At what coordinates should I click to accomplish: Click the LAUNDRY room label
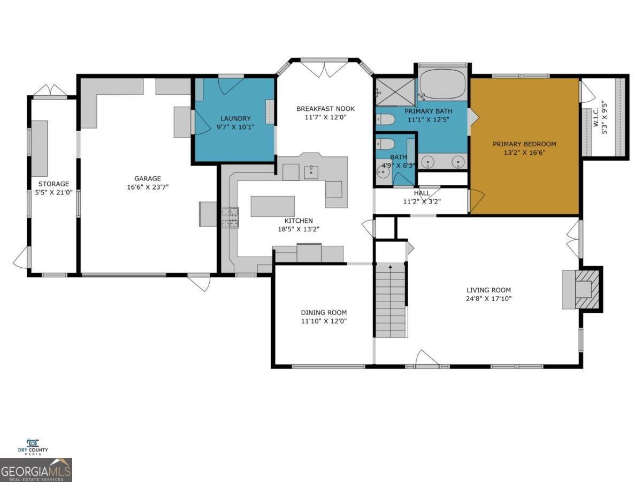[x=235, y=118]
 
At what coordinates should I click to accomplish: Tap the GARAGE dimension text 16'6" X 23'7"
[x=148, y=187]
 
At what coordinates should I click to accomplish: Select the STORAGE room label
[x=53, y=184]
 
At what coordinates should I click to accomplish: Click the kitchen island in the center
[x=272, y=206]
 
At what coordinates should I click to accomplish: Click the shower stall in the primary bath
[x=395, y=92]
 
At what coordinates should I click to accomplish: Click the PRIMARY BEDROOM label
[x=524, y=144]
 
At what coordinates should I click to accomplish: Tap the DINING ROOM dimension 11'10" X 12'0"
[x=323, y=321]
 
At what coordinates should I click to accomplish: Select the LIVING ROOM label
[x=481, y=290]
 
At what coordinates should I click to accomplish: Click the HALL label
[x=422, y=193]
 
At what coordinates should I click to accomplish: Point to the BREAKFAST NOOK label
[x=325, y=109]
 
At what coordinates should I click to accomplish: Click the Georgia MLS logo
[x=36, y=470]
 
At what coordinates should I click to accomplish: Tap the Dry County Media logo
[x=33, y=447]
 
